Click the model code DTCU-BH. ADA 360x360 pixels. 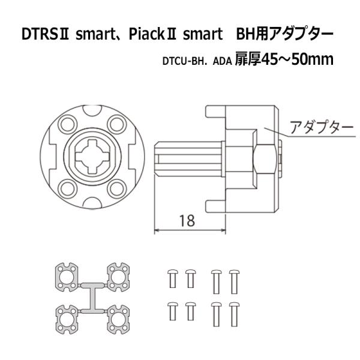tap(196, 61)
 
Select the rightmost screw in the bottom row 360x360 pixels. tap(235, 313)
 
